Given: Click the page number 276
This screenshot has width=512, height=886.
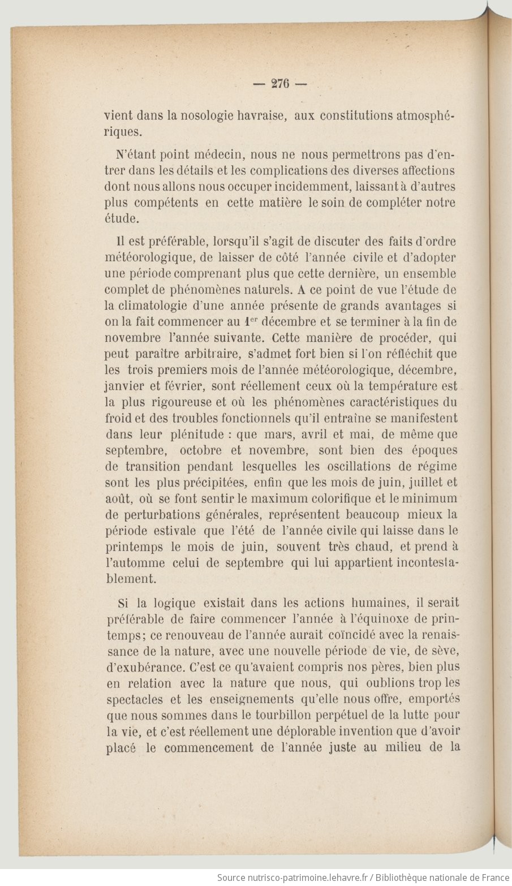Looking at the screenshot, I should [x=280, y=83].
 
